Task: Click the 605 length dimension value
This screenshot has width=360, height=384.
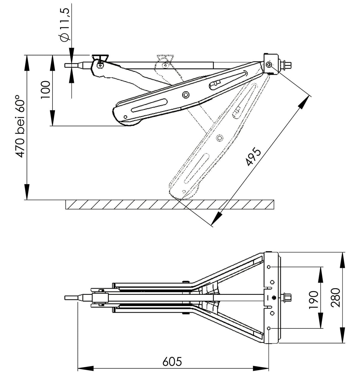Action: pos(172,361)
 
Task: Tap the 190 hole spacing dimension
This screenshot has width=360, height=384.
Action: pos(313,299)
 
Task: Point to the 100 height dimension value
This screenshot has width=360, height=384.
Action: pos(45,90)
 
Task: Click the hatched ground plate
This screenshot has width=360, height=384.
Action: pos(169,205)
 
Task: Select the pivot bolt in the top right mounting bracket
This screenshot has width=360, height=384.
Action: pos(268,65)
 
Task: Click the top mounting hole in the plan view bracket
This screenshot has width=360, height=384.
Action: pos(268,267)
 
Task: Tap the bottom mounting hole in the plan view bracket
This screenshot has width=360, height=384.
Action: pos(268,328)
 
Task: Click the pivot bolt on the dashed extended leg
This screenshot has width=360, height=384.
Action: pos(220,138)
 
